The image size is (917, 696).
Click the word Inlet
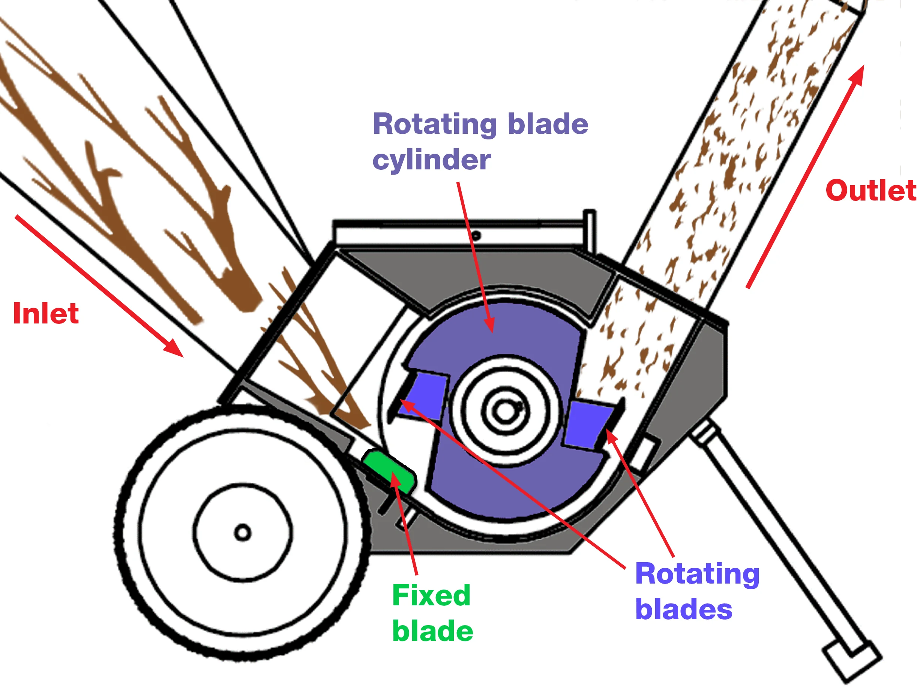(x=46, y=314)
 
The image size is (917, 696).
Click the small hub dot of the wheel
(x=243, y=532)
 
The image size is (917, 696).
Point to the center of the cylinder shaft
(x=505, y=412)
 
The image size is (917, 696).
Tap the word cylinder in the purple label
(x=432, y=160)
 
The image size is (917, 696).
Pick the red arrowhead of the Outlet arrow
(x=858, y=75)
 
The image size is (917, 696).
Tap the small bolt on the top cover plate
(x=476, y=236)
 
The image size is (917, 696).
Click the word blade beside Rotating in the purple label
(x=548, y=124)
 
